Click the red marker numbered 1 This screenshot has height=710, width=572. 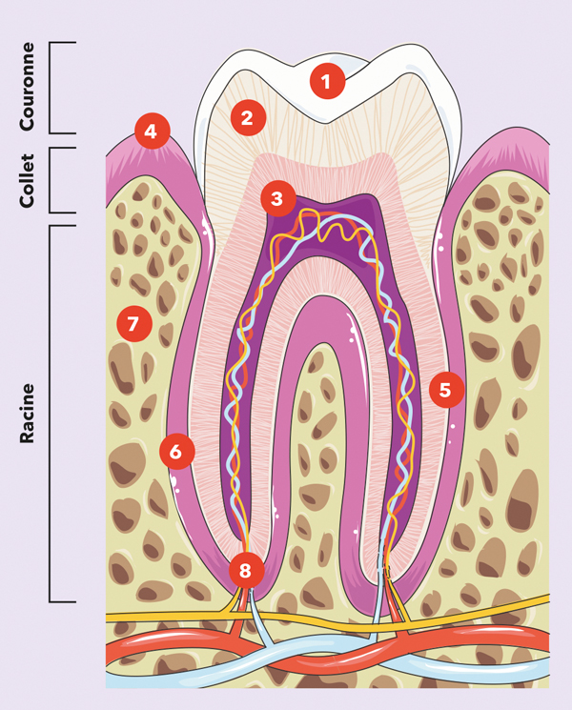tap(326, 82)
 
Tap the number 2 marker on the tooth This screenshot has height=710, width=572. tap(246, 118)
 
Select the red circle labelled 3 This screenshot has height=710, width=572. tap(276, 199)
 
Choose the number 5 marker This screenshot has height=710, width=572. tap(446, 389)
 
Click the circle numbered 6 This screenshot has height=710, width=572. tap(176, 451)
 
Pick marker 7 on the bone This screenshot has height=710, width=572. tap(133, 324)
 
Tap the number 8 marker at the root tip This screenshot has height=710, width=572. tap(246, 571)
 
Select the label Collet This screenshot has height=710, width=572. tap(28, 179)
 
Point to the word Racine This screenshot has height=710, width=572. tap(28, 414)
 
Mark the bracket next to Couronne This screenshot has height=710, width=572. tap(61, 88)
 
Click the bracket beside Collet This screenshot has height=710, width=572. tap(61, 179)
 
